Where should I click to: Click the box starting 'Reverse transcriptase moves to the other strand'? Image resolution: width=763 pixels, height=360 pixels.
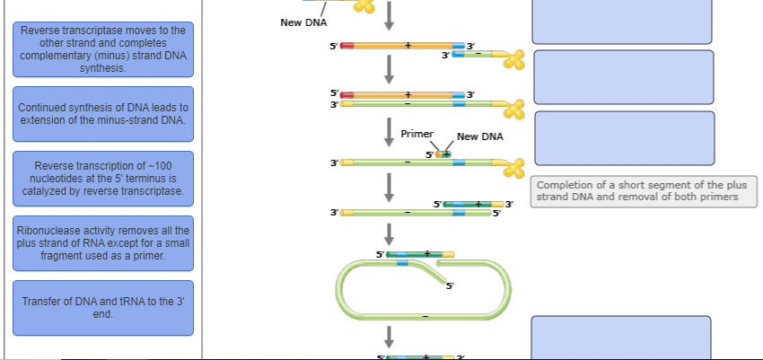[x=103, y=49]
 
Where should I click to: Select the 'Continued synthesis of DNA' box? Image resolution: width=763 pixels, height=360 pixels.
[x=103, y=113]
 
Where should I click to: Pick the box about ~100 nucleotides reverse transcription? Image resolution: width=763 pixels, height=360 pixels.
[x=103, y=178]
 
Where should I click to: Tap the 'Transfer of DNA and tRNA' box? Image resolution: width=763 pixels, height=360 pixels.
[x=103, y=308]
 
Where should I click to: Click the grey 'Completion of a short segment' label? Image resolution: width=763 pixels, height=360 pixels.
[x=642, y=191]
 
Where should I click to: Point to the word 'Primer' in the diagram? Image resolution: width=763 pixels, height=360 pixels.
[x=417, y=133]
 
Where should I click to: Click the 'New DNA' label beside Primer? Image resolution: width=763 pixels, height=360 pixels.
[x=480, y=136]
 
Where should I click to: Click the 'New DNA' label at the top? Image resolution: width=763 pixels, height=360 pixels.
[x=303, y=22]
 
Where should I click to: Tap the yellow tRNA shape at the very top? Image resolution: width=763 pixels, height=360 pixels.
[x=364, y=5]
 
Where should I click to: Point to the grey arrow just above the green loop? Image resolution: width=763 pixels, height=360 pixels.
[x=390, y=233]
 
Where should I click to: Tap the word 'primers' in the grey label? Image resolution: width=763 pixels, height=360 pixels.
[x=718, y=198]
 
